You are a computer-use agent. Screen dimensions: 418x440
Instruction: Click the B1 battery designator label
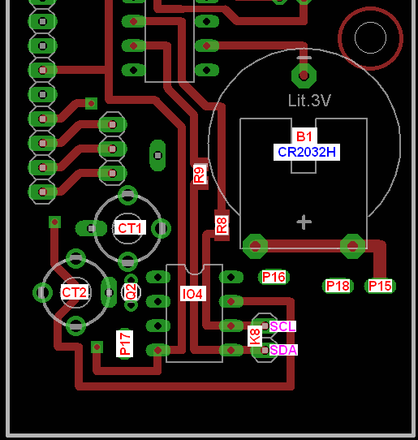coord(304,136)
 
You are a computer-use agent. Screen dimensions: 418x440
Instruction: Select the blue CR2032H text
coord(307,152)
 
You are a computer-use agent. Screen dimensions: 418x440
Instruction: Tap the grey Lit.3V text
coord(309,100)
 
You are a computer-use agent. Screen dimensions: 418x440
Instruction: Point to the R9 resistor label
coord(200,175)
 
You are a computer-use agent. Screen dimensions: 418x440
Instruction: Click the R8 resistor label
coord(222,225)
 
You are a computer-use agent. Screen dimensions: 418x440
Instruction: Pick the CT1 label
coord(130,228)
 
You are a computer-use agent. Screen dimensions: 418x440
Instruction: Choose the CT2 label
coord(75,292)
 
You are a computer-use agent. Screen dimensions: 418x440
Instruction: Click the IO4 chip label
coord(192,294)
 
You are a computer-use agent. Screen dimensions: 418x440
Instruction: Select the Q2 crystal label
coord(131,291)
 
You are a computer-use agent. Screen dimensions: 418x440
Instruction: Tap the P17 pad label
coord(125,343)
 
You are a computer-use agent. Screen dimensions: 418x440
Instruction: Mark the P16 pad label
coord(274,277)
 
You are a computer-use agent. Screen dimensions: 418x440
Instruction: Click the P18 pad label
coord(338,286)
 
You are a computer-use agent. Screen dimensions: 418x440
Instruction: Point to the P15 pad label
coord(380,286)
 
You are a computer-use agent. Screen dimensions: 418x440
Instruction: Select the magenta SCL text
coord(282,326)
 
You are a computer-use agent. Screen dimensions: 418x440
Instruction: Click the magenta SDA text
coord(283,350)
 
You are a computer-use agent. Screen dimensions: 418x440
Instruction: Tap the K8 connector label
coord(255,336)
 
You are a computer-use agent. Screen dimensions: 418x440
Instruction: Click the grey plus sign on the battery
coord(304,222)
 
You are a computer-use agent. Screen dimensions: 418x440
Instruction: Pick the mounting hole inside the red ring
coord(370,37)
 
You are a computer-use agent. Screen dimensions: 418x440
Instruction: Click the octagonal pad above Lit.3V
coord(304,75)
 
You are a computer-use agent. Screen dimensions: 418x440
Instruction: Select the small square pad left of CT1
coord(54,222)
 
